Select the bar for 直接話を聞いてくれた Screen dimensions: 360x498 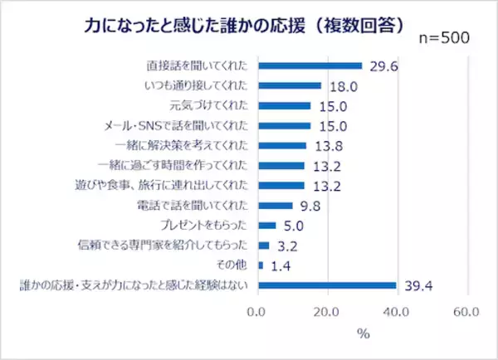click(x=310, y=66)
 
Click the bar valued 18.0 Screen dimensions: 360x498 click(x=290, y=85)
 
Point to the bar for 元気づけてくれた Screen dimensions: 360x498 click(x=285, y=105)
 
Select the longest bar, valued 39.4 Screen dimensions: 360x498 click(x=327, y=286)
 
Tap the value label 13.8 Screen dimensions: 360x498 click(x=326, y=146)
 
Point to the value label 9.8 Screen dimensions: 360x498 click(x=310, y=206)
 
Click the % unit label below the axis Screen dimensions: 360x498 click(x=362, y=334)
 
